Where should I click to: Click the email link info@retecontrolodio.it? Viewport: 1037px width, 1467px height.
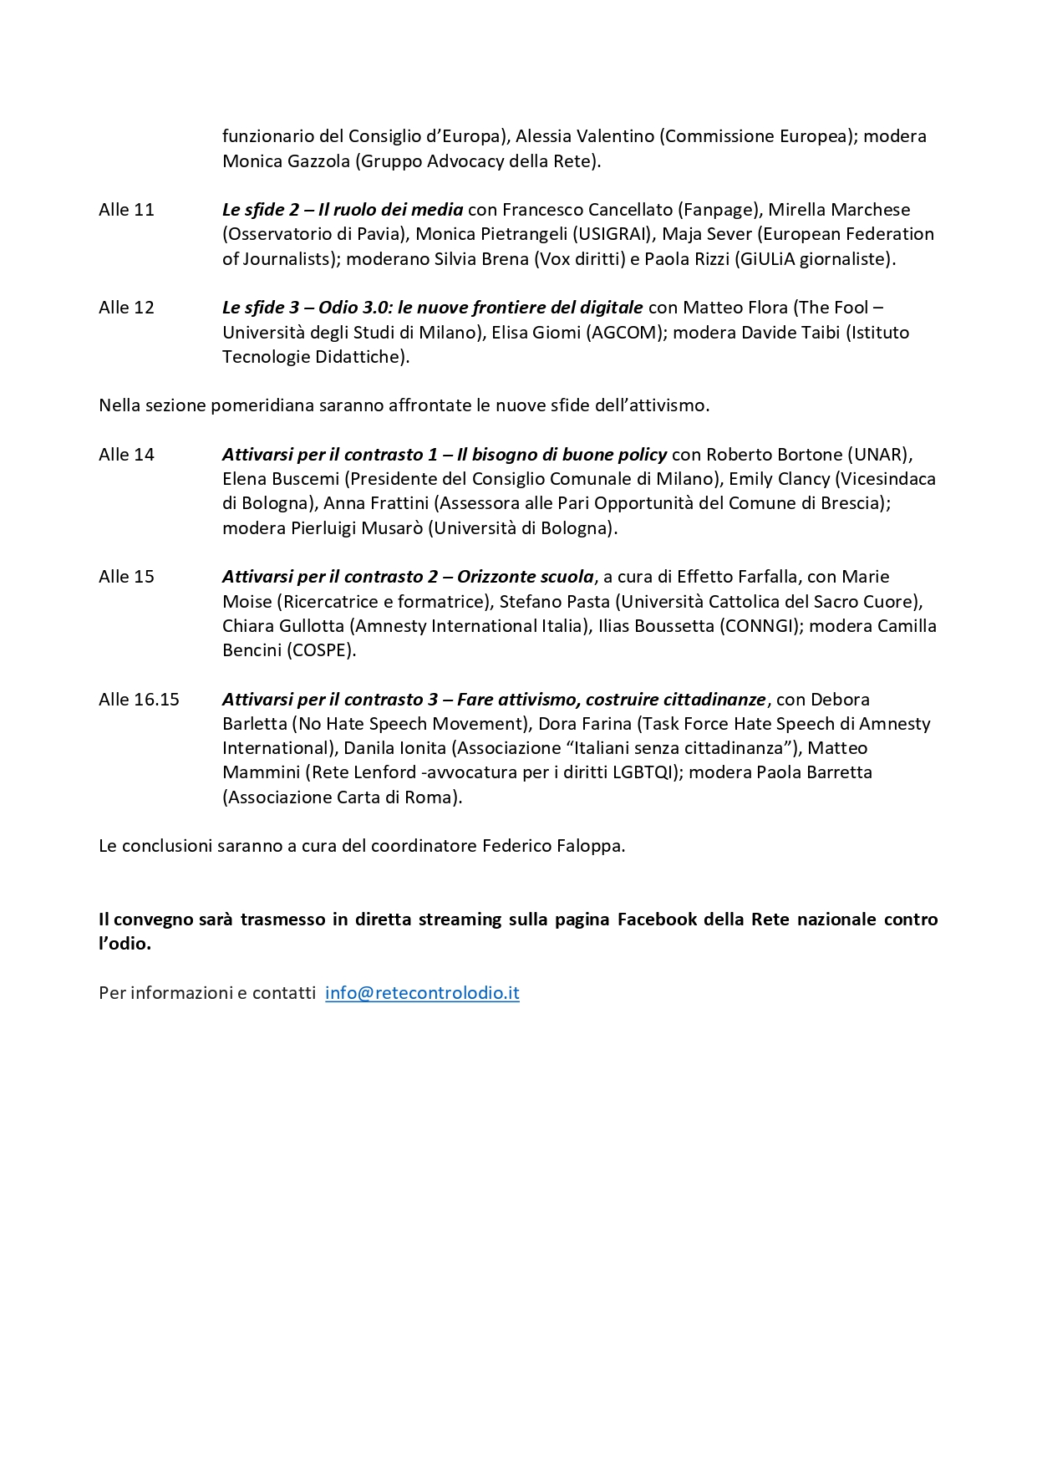click(422, 993)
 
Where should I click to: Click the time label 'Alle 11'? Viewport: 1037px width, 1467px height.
click(126, 210)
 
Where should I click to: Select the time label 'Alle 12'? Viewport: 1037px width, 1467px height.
click(126, 308)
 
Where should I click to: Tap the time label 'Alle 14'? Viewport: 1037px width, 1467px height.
click(126, 455)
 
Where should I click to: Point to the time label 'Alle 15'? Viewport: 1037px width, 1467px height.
click(126, 577)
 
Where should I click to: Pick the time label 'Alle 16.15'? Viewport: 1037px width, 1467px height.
click(139, 700)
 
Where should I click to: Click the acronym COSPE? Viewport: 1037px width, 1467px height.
click(322, 650)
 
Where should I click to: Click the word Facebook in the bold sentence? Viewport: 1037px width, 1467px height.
click(657, 919)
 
